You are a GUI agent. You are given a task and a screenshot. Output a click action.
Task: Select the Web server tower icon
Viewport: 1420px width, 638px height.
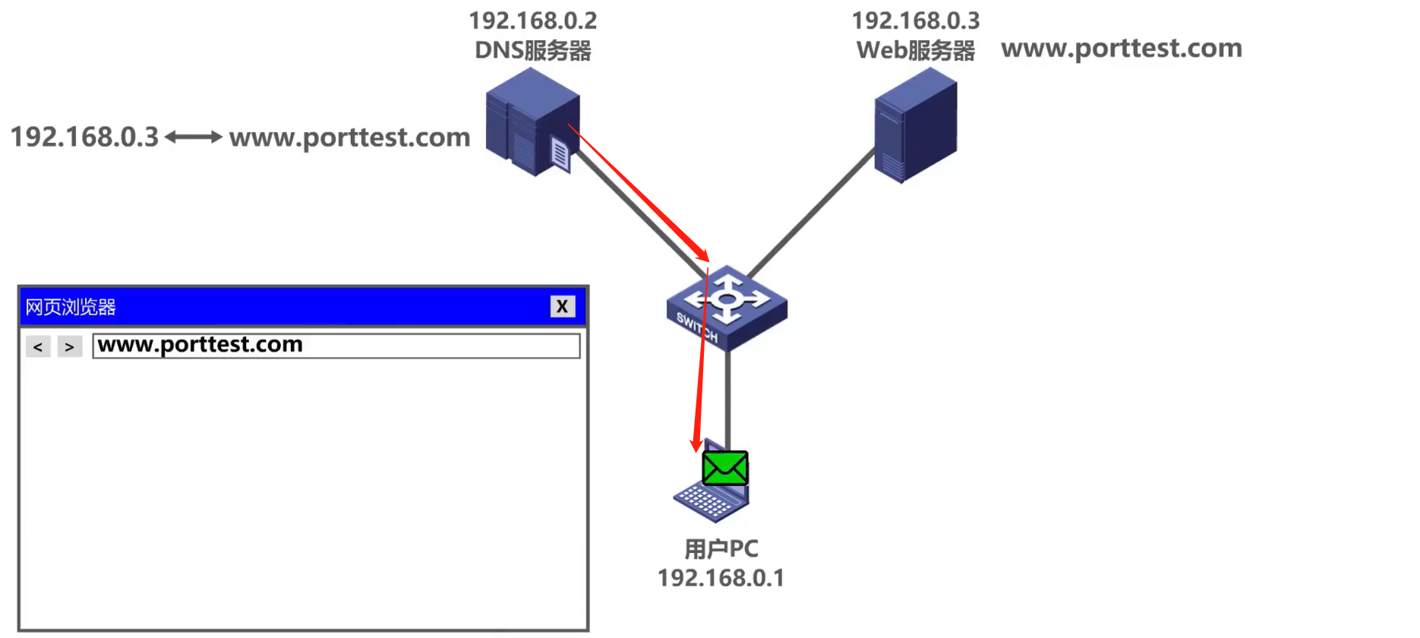pos(915,125)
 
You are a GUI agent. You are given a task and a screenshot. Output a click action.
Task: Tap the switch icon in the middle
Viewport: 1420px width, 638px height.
pos(727,308)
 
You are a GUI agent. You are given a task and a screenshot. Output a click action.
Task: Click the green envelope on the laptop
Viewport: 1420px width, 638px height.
pos(725,468)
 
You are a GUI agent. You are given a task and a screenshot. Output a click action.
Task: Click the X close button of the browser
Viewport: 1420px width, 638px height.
pos(562,306)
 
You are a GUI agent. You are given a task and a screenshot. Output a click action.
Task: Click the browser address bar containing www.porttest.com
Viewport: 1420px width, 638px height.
pos(336,346)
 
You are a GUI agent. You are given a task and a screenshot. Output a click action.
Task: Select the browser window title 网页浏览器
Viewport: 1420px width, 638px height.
pos(71,307)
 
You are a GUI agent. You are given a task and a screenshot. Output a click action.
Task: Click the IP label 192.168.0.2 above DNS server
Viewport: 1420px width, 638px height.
pos(533,21)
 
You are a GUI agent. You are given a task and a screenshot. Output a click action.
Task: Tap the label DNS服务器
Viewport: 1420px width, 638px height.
pos(533,51)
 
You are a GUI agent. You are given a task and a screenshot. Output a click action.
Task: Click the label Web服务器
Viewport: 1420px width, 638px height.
pos(915,51)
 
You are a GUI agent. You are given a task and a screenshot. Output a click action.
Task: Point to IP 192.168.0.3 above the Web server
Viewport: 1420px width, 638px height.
pos(915,21)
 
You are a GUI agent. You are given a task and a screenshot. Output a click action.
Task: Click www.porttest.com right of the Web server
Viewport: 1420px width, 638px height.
pos(1122,49)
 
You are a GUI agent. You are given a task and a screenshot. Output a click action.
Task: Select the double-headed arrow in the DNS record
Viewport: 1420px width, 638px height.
pos(194,137)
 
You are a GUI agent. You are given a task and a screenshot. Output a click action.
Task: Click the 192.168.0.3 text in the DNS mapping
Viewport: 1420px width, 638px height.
pos(84,137)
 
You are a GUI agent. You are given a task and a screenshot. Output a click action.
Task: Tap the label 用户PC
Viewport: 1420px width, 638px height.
pos(721,548)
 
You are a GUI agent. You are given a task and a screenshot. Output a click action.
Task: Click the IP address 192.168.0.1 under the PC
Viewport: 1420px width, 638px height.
pos(721,578)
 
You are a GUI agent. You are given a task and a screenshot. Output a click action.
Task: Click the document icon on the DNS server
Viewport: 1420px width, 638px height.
pos(560,154)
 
